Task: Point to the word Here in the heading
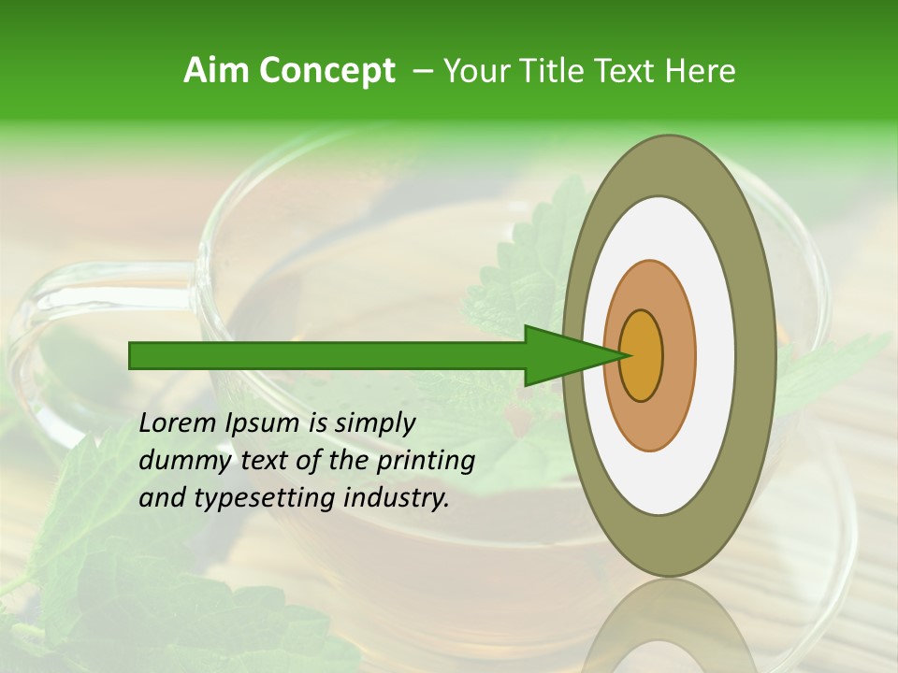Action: (701, 71)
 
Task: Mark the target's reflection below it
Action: (669, 631)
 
